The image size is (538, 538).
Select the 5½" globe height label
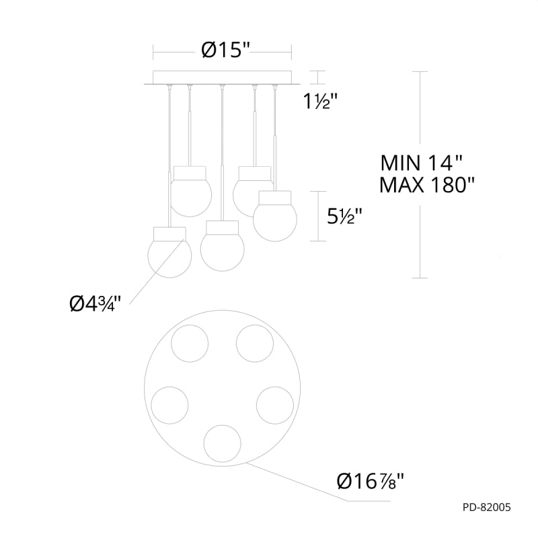[344, 216]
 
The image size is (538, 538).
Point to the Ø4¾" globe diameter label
[95, 303]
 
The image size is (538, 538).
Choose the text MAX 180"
[427, 186]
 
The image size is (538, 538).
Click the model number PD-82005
[486, 507]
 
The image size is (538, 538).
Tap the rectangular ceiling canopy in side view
[223, 77]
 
